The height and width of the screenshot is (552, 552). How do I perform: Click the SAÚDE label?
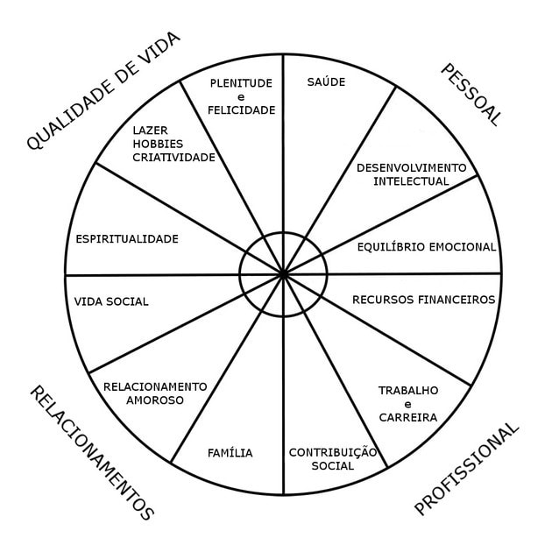(x=326, y=81)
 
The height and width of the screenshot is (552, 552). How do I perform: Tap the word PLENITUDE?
(x=241, y=83)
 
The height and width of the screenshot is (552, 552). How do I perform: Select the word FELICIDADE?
(x=242, y=110)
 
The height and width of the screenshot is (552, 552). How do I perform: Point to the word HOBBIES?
(x=158, y=144)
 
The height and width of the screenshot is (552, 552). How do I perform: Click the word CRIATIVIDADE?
(x=173, y=158)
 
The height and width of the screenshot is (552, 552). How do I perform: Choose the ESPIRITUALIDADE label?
(x=127, y=239)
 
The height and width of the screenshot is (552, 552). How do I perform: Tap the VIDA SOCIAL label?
(x=111, y=301)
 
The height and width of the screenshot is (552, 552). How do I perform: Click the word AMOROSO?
(x=155, y=400)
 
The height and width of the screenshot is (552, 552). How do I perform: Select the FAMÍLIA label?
(x=230, y=452)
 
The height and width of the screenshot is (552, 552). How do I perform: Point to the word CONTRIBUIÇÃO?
(x=333, y=453)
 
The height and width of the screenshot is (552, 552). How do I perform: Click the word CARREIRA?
(x=408, y=418)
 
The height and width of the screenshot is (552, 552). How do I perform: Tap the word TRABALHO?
(x=408, y=391)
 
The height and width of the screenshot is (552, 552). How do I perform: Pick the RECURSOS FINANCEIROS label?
(x=424, y=300)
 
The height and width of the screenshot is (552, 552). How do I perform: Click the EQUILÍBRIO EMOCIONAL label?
(x=427, y=247)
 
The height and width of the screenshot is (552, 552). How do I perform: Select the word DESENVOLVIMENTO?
(x=412, y=168)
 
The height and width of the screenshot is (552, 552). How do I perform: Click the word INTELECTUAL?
(x=411, y=181)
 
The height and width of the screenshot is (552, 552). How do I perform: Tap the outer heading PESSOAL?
(x=471, y=95)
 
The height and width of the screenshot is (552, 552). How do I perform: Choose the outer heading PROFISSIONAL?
(x=466, y=469)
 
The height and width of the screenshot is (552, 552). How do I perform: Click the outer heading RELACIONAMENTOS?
(x=91, y=453)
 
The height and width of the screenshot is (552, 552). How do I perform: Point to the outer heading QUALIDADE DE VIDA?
(x=103, y=91)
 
